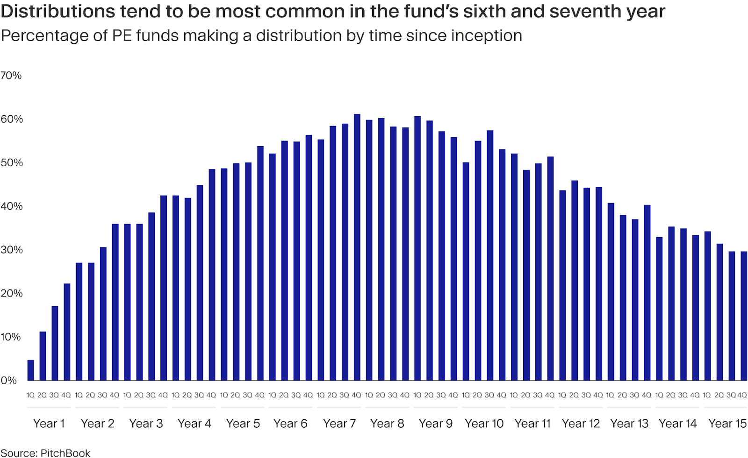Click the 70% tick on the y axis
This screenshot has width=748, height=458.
pyautogui.click(x=11, y=76)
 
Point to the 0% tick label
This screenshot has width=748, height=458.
pyautogui.click(x=8, y=380)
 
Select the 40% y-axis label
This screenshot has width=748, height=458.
pyautogui.click(x=11, y=206)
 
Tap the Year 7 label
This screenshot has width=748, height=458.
pyautogui.click(x=339, y=423)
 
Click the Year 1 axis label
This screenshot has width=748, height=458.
pyautogui.click(x=49, y=423)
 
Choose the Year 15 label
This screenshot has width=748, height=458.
pyautogui.click(x=727, y=423)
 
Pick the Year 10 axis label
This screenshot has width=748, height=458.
pyautogui.click(x=484, y=423)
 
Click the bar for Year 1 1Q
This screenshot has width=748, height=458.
pyautogui.click(x=31, y=370)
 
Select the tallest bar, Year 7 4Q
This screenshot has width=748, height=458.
pyautogui.click(x=357, y=247)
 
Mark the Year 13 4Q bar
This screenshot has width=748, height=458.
pyautogui.click(x=647, y=293)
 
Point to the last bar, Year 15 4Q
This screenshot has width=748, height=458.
pyautogui.click(x=744, y=316)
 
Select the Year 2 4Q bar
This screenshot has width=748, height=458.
pyautogui.click(x=115, y=303)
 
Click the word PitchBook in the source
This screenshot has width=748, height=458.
pyautogui.click(x=65, y=453)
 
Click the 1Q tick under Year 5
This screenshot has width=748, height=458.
pyautogui.click(x=224, y=395)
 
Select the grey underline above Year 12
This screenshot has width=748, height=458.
pyautogui.click(x=581, y=408)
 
